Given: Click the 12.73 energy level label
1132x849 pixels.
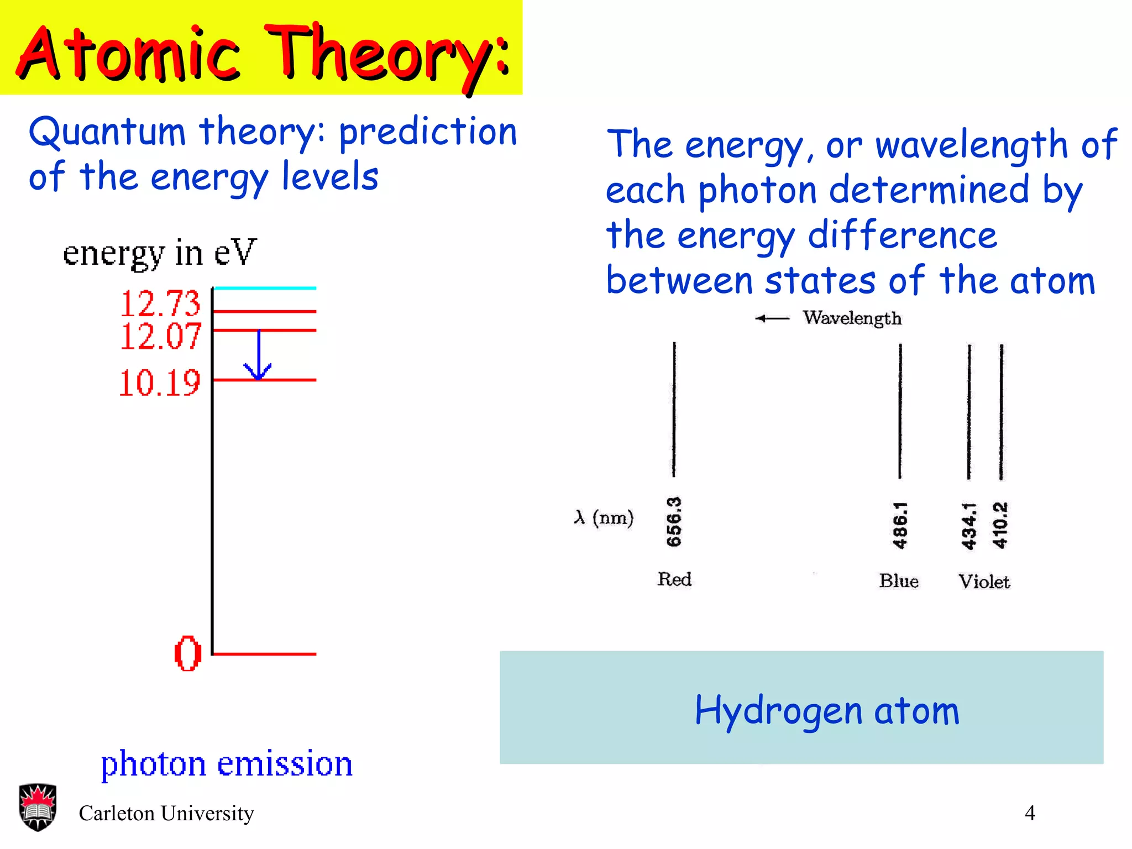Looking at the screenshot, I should [160, 303].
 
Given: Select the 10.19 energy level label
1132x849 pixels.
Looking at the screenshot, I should [159, 382].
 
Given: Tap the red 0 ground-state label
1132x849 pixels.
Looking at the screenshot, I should [188, 653].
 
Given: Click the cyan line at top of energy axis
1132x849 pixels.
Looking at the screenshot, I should [265, 288].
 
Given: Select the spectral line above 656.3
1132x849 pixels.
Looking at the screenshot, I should [674, 409].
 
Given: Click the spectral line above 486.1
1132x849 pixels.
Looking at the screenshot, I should [900, 411].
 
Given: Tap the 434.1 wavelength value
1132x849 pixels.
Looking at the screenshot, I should [969, 526].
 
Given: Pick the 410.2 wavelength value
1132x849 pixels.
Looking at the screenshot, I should [1000, 525].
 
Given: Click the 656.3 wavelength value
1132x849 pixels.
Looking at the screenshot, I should [674, 522].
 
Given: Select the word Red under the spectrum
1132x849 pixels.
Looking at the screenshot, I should [674, 579].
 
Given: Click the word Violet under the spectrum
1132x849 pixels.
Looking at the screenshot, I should [984, 581].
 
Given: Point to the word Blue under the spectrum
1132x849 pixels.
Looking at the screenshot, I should [899, 581].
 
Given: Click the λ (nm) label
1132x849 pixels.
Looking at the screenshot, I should [604, 517].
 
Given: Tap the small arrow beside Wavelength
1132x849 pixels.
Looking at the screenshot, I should [772, 318].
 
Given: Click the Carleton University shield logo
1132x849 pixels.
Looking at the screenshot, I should [38, 807].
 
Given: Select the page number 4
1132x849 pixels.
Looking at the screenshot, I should [1030, 813].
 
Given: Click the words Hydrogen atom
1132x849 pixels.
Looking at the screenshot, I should [827, 710].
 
